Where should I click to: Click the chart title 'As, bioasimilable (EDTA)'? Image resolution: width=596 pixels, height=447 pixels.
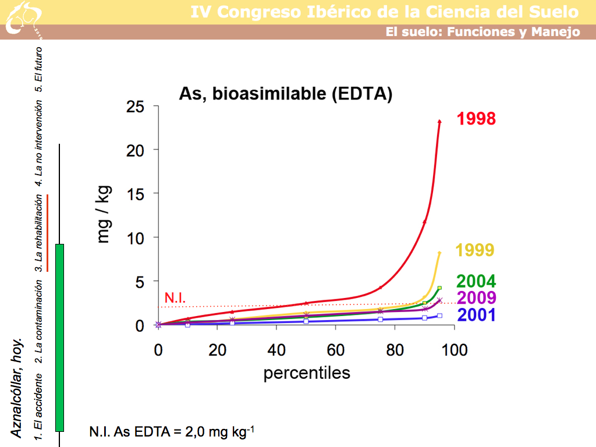point(285,94)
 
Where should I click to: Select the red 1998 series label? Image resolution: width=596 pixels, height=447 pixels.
point(476,119)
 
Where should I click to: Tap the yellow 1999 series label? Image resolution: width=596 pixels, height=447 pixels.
point(474,250)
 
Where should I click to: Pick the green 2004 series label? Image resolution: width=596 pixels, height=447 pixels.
point(476,282)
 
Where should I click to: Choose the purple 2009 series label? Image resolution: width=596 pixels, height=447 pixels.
point(476,299)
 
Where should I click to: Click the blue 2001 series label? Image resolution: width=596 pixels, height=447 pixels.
point(476,315)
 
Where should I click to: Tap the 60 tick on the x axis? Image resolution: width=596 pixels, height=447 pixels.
point(335,350)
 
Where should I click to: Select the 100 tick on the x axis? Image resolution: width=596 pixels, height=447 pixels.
point(454,350)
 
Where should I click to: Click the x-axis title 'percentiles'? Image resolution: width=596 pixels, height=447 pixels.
point(307,372)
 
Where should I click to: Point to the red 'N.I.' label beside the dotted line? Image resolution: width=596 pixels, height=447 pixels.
point(175,297)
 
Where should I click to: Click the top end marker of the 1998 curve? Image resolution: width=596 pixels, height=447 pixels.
point(439,122)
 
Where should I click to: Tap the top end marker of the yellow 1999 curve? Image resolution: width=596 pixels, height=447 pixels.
point(439,253)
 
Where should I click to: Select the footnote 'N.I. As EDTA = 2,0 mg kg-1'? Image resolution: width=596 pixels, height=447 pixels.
point(172,432)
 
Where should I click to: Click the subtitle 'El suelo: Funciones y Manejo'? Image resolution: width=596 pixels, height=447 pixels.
point(483,32)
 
